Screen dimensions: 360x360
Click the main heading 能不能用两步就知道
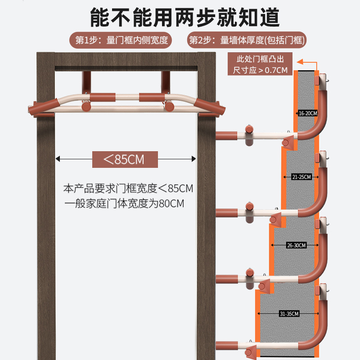point(185,18)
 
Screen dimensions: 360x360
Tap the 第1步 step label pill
point(121,40)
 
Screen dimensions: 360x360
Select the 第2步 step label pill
point(247,40)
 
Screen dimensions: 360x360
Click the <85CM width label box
point(125,159)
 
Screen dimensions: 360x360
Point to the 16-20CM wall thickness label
point(308,113)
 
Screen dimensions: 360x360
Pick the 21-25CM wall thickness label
point(301,177)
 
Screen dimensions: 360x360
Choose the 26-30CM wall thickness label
point(297,245)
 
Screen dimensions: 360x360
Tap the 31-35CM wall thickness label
point(289,314)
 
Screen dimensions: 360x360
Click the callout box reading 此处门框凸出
point(260,64)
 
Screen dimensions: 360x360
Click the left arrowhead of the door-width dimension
point(58,159)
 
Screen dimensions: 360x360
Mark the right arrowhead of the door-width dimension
point(194,159)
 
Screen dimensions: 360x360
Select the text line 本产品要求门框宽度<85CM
point(128,189)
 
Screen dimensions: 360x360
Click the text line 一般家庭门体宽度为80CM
point(124,203)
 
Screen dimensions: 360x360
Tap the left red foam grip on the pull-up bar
point(103,97)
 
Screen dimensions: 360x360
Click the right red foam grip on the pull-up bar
point(152,97)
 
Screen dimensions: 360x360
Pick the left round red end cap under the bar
point(86,106)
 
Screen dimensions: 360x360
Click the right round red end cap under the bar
point(169,106)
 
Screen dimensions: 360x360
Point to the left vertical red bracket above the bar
point(86,82)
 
